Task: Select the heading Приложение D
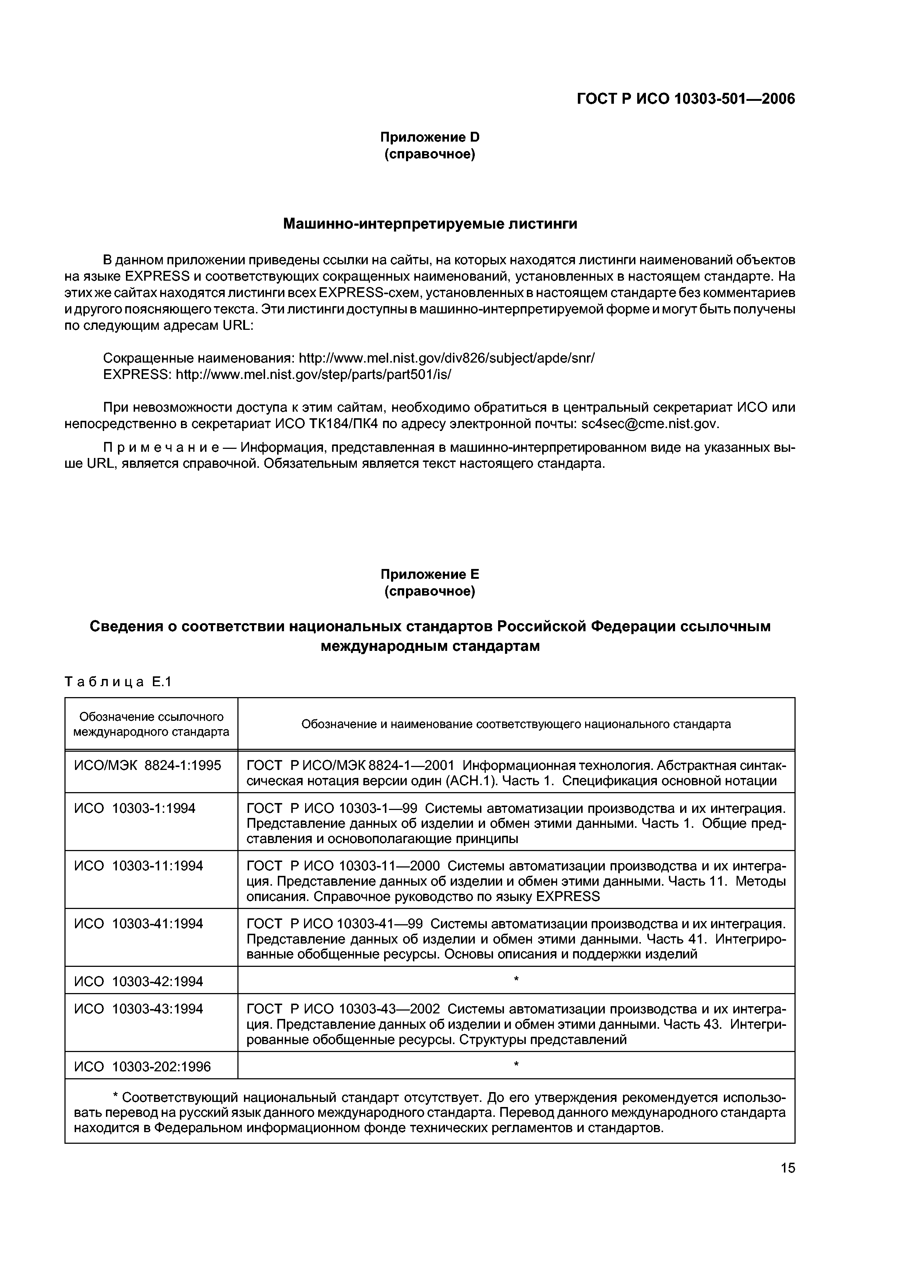(430, 137)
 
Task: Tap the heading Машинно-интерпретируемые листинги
(430, 224)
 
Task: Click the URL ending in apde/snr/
(446, 357)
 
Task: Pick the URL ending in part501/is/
(313, 374)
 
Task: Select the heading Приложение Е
(430, 574)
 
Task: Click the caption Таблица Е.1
(118, 681)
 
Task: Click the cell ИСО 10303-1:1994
(135, 808)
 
